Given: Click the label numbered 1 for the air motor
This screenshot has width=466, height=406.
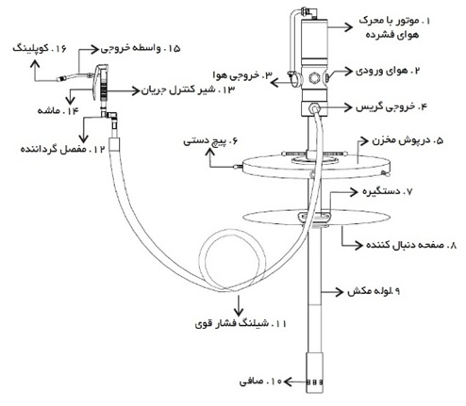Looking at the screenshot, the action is click(394, 27).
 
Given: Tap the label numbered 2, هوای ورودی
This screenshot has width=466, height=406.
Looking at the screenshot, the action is click(388, 71).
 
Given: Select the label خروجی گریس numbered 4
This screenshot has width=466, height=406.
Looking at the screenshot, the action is click(391, 107).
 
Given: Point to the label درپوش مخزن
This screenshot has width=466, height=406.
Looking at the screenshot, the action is click(408, 140).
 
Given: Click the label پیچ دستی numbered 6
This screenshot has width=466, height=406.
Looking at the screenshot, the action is click(210, 141).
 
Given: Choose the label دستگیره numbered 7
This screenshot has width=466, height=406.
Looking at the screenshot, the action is click(387, 191).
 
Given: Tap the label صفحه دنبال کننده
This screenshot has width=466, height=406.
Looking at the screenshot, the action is click(411, 245).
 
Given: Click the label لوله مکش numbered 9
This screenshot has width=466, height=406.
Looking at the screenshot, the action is click(374, 291).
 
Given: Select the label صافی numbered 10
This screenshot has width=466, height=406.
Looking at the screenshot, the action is click(260, 382).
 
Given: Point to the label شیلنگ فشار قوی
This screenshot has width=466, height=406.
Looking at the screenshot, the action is click(241, 324).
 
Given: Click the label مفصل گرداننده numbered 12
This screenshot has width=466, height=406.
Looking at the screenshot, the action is click(62, 149).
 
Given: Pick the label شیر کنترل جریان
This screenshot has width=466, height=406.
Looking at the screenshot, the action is click(188, 90).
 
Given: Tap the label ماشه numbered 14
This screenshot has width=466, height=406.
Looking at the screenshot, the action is click(58, 111).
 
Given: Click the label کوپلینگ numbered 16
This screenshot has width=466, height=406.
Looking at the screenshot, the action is click(40, 49).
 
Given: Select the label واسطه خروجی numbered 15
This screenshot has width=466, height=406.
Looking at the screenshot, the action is click(141, 49).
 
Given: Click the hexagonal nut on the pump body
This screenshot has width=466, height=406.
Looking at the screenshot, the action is click(313, 77).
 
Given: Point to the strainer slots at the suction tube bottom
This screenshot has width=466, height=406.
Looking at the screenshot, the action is click(314, 382).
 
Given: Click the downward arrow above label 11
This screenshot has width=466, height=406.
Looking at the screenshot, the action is click(239, 305).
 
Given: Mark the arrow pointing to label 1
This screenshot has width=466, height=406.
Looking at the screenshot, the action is click(340, 27).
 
